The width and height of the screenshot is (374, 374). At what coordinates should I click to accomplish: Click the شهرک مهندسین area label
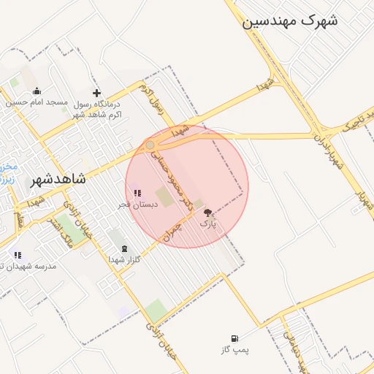click(290, 21)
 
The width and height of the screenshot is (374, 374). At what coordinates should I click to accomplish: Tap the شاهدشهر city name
click(58, 179)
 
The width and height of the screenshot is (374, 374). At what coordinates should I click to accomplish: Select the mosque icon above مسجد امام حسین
click(37, 91)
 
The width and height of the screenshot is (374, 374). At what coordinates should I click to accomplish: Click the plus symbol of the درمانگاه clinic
click(96, 93)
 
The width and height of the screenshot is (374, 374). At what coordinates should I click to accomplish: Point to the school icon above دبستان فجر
click(137, 194)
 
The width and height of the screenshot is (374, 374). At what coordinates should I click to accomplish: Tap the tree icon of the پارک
click(208, 213)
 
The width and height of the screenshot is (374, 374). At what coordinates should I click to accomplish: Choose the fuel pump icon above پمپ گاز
click(234, 338)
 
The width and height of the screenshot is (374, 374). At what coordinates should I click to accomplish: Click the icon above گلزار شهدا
click(123, 248)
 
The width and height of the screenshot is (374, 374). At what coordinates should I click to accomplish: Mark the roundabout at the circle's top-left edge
click(150, 145)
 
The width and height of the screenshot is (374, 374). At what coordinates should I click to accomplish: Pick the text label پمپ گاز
click(234, 351)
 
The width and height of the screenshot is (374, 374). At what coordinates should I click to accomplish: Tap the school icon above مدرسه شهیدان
click(18, 255)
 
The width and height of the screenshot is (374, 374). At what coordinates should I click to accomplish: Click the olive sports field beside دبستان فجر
click(166, 197)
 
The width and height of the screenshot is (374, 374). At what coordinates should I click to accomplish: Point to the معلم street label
click(20, 219)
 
